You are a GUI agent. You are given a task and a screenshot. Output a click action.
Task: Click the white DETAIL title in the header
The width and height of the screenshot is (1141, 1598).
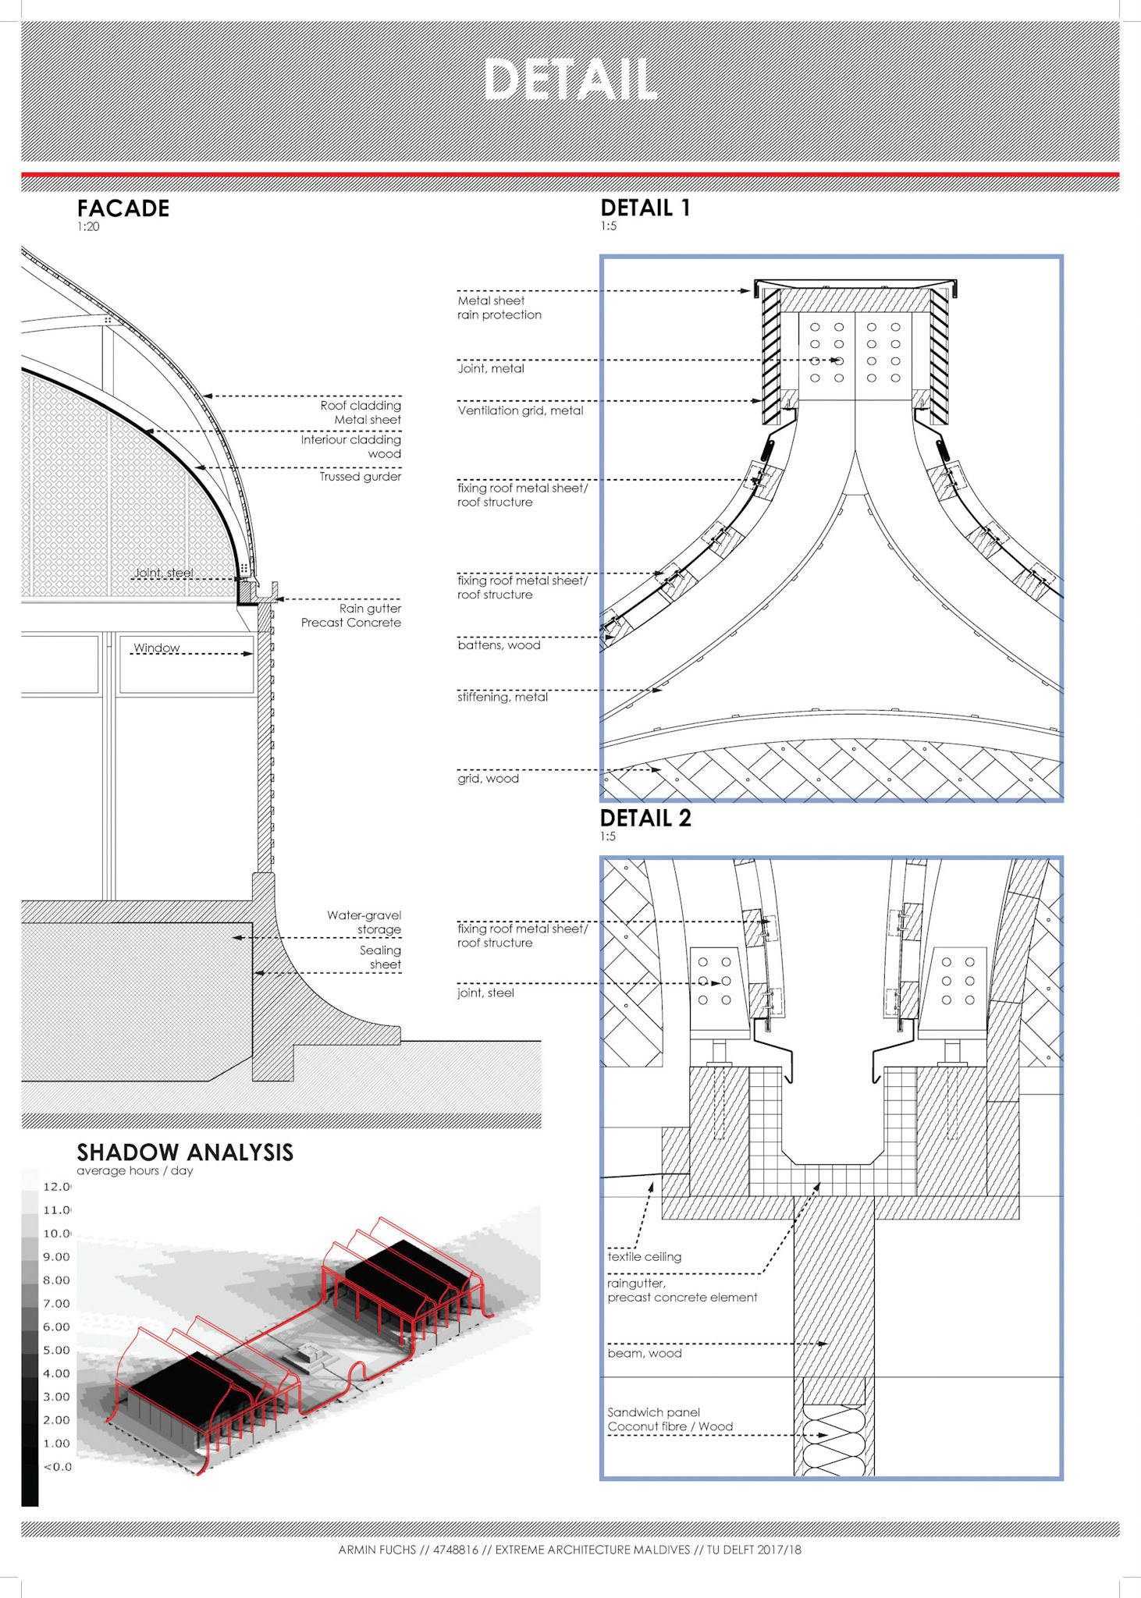click(570, 80)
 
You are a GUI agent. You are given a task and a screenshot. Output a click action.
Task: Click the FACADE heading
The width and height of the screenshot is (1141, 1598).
click(123, 208)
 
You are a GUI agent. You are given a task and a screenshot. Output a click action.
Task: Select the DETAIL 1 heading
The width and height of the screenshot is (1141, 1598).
click(645, 208)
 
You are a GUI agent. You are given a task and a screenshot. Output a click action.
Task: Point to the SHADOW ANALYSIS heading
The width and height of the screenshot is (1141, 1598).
click(185, 1152)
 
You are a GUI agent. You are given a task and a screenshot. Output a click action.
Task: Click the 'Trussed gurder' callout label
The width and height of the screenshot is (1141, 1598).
click(360, 477)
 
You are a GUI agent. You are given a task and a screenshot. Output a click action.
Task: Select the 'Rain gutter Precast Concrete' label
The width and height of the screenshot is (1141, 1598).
click(351, 616)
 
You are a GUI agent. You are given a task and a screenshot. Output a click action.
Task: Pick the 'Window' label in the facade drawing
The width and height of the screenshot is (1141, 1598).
click(156, 648)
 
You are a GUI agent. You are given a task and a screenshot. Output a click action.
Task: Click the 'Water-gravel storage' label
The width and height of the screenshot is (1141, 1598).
click(364, 922)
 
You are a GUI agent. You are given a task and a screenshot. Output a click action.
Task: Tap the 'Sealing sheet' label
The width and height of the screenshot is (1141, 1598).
click(380, 957)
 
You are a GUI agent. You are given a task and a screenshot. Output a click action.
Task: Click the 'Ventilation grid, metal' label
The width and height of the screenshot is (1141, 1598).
click(521, 410)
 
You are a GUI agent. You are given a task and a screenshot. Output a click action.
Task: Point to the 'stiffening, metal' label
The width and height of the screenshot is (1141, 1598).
click(503, 697)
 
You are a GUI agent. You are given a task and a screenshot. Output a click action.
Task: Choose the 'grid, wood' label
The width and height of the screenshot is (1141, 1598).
click(488, 779)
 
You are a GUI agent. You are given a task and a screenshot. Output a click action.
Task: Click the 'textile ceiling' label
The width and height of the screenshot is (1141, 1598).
click(644, 1257)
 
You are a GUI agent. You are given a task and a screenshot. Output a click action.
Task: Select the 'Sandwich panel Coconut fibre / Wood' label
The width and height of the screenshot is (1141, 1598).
click(670, 1419)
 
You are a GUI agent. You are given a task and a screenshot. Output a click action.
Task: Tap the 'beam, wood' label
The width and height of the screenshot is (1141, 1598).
click(645, 1354)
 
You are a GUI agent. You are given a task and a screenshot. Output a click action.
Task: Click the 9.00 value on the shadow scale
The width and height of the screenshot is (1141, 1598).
click(56, 1257)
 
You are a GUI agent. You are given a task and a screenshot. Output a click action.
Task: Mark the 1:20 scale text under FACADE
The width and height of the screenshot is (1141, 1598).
click(88, 227)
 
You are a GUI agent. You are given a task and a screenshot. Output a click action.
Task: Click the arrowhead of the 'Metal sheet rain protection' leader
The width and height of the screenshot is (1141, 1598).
click(746, 291)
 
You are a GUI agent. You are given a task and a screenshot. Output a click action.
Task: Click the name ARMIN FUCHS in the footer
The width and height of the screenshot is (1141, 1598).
click(377, 1550)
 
